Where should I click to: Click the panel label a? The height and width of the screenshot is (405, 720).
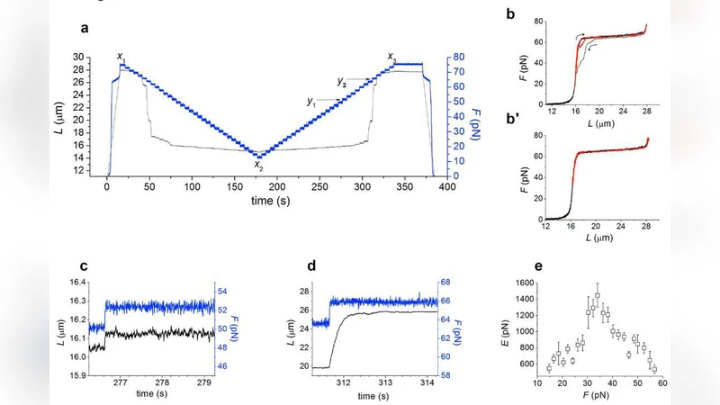point(84,27)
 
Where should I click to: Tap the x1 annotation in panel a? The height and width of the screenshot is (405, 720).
point(121,57)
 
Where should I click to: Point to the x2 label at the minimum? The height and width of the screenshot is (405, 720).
point(258,165)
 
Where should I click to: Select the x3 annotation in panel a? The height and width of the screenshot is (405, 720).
point(392,57)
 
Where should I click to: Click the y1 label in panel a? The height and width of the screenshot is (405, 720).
point(311,103)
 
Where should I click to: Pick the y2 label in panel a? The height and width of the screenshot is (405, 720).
point(342,82)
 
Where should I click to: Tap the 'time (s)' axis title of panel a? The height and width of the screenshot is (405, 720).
point(273,200)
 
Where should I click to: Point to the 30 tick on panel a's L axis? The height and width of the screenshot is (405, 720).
point(90,57)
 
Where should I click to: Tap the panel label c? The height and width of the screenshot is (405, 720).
point(83,266)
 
